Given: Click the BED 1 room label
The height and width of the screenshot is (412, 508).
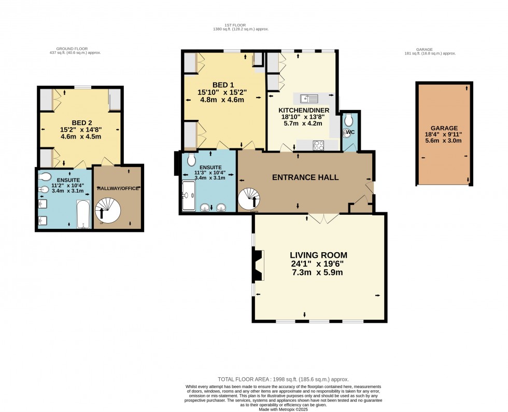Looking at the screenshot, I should pyautogui.click(x=222, y=85).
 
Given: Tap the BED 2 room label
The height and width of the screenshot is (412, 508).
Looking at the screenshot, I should pyautogui.click(x=80, y=123).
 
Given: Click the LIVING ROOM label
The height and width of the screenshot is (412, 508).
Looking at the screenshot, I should pyautogui.click(x=318, y=255).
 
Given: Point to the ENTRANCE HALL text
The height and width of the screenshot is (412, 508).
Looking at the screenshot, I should pyautogui.click(x=305, y=177).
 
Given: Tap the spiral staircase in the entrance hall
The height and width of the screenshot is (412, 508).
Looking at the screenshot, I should pyautogui.click(x=250, y=199).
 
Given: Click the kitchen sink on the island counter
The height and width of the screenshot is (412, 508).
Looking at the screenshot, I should pyautogui.click(x=309, y=98).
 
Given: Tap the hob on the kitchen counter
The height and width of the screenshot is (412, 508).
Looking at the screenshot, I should pyautogui.click(x=317, y=146).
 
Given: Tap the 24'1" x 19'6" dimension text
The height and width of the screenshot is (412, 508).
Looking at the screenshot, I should pyautogui.click(x=318, y=264).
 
